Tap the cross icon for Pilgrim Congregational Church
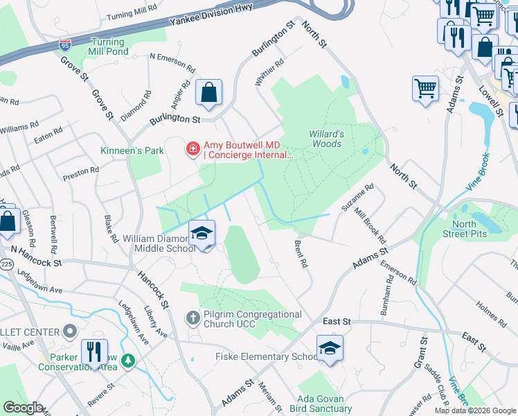pos(193,318)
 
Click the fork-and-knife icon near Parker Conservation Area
pos(94,352)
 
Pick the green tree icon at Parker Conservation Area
pos(127,361)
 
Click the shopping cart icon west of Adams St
pos(425,89)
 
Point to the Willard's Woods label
pos(325,139)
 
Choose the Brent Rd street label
pos(301,254)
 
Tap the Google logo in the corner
pos(24,408)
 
